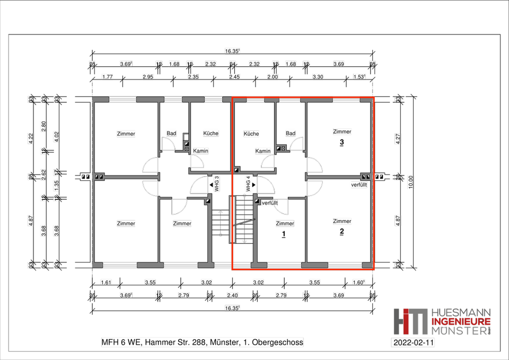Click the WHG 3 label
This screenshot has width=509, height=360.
coord(217,184)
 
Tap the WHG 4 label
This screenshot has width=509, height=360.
coord(248,184)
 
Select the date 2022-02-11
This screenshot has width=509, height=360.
coord(413,343)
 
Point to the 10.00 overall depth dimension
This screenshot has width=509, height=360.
coord(410,182)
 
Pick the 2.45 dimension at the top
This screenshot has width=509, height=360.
coord(234,77)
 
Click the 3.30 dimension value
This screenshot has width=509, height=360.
coord(318,77)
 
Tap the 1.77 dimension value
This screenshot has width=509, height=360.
coord(108,77)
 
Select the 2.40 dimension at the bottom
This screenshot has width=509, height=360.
coord(232,295)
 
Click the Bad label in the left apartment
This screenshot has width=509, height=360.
coord(171,133)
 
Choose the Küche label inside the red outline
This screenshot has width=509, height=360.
coord(251,134)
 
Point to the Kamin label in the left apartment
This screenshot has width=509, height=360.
coord(200,151)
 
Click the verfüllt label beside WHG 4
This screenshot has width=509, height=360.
coord(270,203)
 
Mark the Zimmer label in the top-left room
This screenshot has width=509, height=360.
coord(126,134)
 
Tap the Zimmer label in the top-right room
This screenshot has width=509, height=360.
coord(342,131)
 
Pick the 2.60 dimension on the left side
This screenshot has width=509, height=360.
coord(43,126)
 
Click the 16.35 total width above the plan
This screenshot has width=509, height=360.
coord(232,51)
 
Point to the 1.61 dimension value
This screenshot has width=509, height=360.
coord(106,283)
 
